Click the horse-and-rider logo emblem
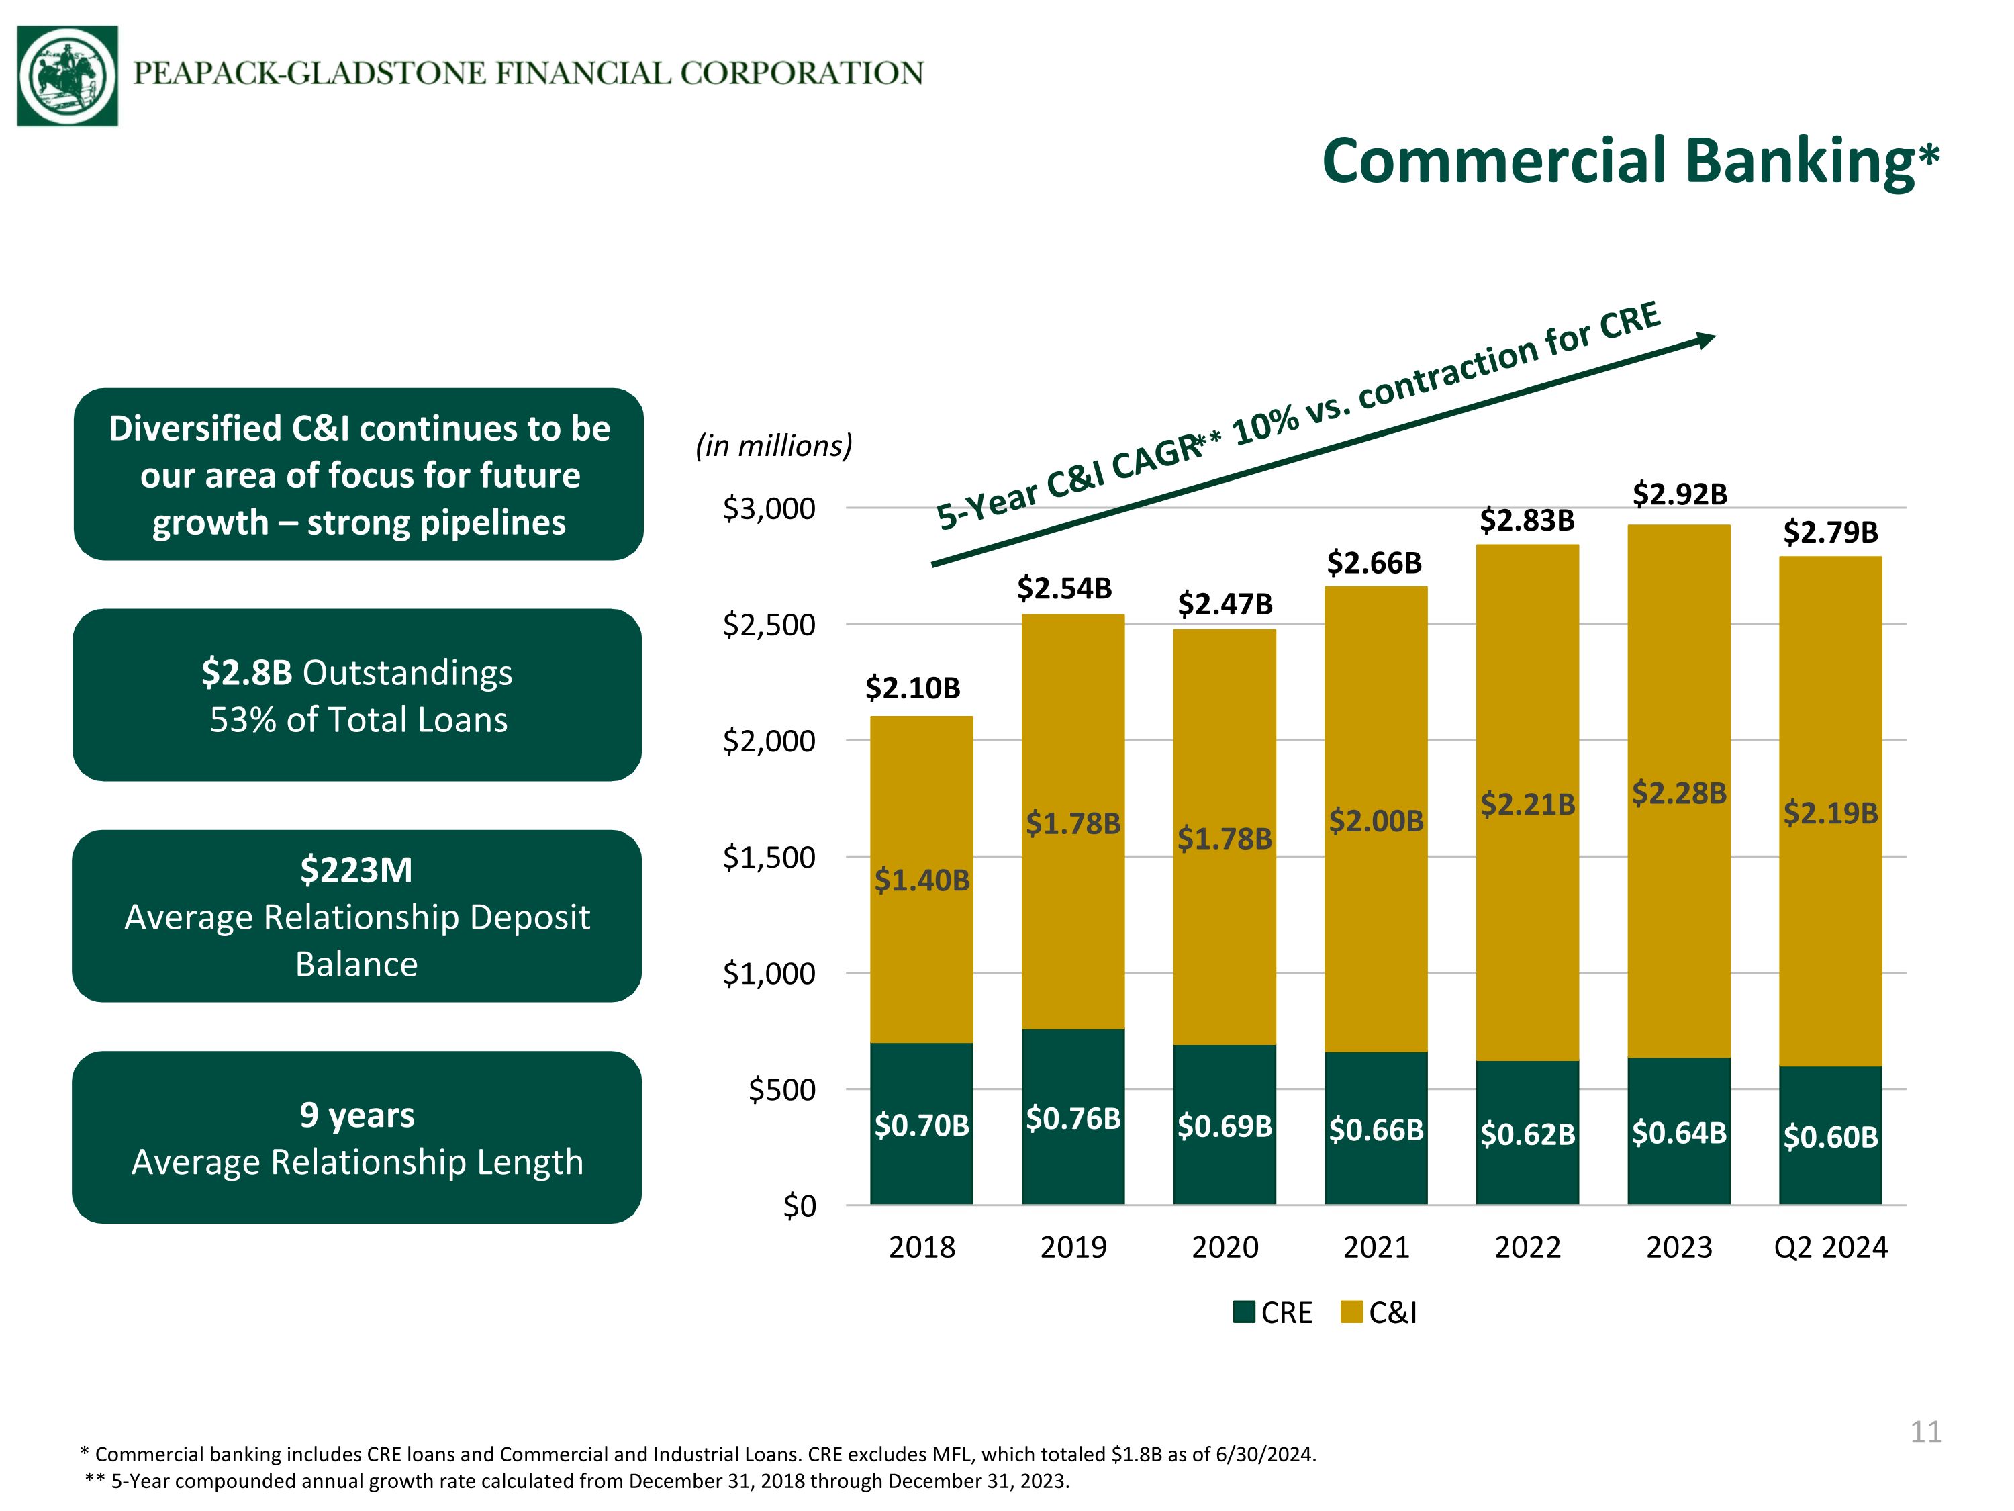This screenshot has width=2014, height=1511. (67, 76)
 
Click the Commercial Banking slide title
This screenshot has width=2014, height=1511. (1631, 161)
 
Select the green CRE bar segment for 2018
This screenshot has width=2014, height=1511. (922, 1124)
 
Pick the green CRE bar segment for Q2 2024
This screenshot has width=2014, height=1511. (1830, 1136)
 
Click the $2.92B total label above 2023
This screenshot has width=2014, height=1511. (1679, 494)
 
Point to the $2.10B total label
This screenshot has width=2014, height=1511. (912, 688)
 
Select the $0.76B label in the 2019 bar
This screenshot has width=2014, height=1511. (1073, 1118)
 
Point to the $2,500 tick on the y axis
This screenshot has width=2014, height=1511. (769, 625)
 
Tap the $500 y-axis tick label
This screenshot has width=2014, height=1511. (782, 1089)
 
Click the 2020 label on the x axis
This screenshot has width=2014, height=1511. (1225, 1247)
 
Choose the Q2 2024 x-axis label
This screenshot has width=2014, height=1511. (1830, 1247)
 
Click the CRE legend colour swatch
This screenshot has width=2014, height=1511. (1245, 1312)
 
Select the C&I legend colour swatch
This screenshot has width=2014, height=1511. (1352, 1312)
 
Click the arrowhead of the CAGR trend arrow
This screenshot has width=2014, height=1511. (1705, 340)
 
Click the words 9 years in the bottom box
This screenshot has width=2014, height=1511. (357, 1115)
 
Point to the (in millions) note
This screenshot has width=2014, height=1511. (774, 447)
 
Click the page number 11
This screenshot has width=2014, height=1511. (1925, 1432)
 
